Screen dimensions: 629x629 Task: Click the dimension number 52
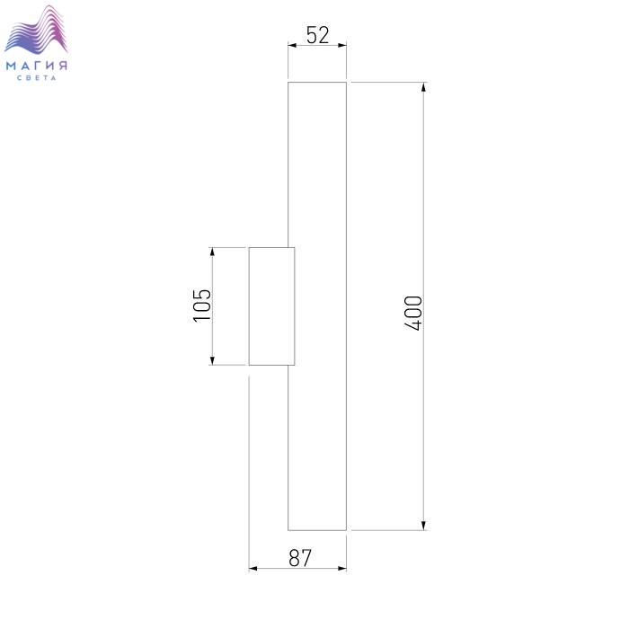coord(317,35)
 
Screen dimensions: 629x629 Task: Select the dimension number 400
coord(413,314)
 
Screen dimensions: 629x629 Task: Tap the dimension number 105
coord(202,306)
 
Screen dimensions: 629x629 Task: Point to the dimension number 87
coord(299,558)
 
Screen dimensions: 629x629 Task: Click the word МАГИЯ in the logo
coord(37,66)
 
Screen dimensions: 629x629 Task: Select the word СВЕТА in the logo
coord(37,78)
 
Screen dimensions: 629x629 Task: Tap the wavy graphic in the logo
coord(36,30)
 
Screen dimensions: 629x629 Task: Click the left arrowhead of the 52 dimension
coord(292,45)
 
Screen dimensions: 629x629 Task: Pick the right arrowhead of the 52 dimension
coord(342,45)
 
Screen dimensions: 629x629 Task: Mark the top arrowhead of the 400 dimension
coord(423,87)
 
